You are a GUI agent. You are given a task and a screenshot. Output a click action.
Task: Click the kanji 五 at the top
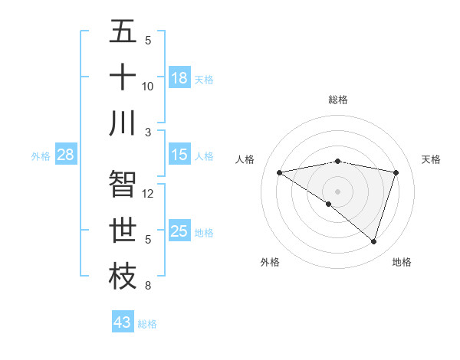[x=123, y=31]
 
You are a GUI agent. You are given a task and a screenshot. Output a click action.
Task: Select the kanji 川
[x=123, y=123]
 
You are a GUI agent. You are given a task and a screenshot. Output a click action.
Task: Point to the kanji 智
[x=123, y=185]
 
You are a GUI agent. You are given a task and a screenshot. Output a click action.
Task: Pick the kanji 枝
[x=123, y=277]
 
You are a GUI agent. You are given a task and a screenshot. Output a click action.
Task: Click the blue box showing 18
[x=179, y=78]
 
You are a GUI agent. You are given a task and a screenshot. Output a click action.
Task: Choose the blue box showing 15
[x=179, y=155]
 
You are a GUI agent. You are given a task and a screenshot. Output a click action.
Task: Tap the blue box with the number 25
[x=179, y=231]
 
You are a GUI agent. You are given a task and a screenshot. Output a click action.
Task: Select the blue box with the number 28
[x=65, y=155]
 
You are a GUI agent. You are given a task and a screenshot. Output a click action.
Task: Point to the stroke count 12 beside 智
[x=148, y=193]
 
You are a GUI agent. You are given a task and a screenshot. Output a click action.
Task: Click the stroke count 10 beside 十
[x=148, y=86]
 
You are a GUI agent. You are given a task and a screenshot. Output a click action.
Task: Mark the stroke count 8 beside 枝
[x=148, y=286]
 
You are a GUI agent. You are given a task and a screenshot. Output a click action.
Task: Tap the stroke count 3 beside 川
[x=148, y=132]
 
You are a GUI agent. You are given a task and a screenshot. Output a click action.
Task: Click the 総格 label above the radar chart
[x=337, y=100]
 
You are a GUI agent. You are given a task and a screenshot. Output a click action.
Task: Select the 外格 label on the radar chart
[x=270, y=262]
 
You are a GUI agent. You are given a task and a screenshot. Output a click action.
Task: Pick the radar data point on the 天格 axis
[x=396, y=172]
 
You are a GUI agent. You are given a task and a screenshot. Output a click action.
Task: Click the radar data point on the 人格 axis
[x=279, y=172]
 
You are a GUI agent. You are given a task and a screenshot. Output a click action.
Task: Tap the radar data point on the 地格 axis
[x=373, y=241]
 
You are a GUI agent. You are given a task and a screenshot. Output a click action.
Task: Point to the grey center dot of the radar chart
[x=337, y=190]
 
